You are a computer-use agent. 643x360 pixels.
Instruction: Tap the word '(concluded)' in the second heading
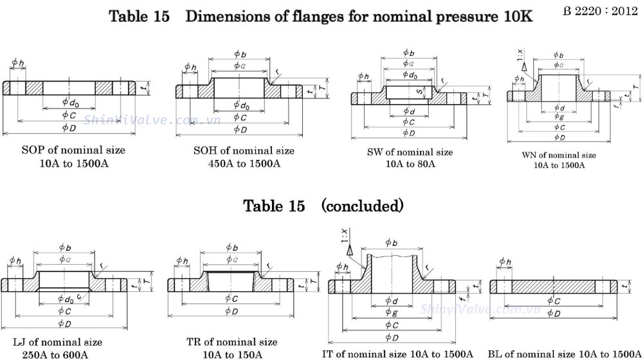point(362,206)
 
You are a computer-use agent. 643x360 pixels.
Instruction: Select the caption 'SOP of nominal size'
point(73,150)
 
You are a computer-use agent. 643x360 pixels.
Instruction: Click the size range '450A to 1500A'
point(244,163)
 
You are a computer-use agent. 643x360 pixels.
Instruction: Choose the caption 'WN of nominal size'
point(559,155)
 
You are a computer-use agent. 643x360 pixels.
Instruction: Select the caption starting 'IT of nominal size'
point(398,354)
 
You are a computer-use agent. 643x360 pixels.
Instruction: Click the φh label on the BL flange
point(505,262)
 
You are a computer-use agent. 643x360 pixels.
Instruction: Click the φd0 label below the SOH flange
point(242,105)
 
